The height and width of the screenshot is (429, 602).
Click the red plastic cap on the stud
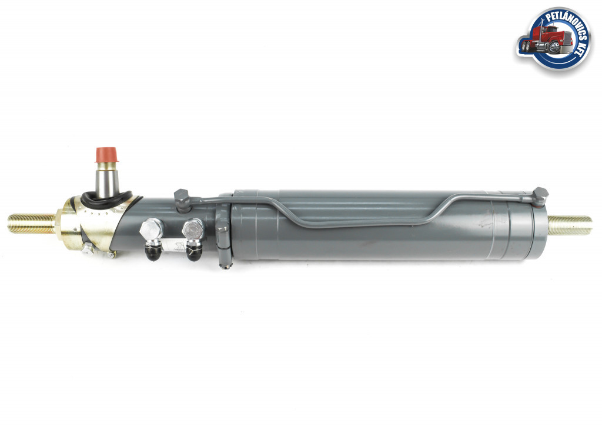107,155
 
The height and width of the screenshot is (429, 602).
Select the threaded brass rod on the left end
31,224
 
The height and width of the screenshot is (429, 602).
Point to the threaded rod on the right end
570,225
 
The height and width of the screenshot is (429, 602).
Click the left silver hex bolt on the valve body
152,230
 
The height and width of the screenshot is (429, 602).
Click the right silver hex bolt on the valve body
193,230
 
